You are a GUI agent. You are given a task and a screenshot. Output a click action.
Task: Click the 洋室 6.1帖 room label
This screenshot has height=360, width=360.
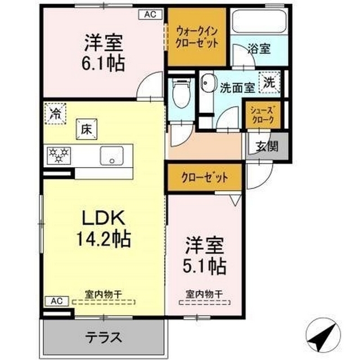[103, 52]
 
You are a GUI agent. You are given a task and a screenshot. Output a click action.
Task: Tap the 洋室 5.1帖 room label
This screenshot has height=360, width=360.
[205, 255]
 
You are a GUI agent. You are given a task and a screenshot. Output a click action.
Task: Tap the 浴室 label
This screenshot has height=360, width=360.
[259, 49]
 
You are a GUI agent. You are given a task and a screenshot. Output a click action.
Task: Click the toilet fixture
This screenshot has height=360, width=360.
[182, 93]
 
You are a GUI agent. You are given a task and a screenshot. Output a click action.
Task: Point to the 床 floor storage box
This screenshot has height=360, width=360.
[86, 128]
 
